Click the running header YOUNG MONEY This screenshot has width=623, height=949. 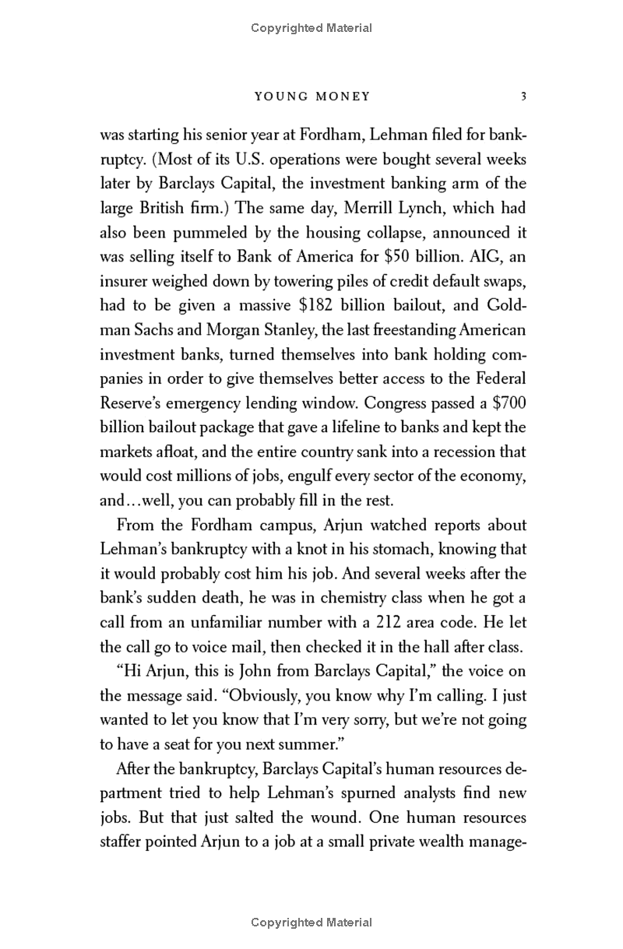coord(312,97)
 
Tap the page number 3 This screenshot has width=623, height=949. coord(523,97)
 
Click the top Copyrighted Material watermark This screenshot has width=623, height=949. coord(311,28)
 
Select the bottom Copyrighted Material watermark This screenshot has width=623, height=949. coord(311,923)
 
